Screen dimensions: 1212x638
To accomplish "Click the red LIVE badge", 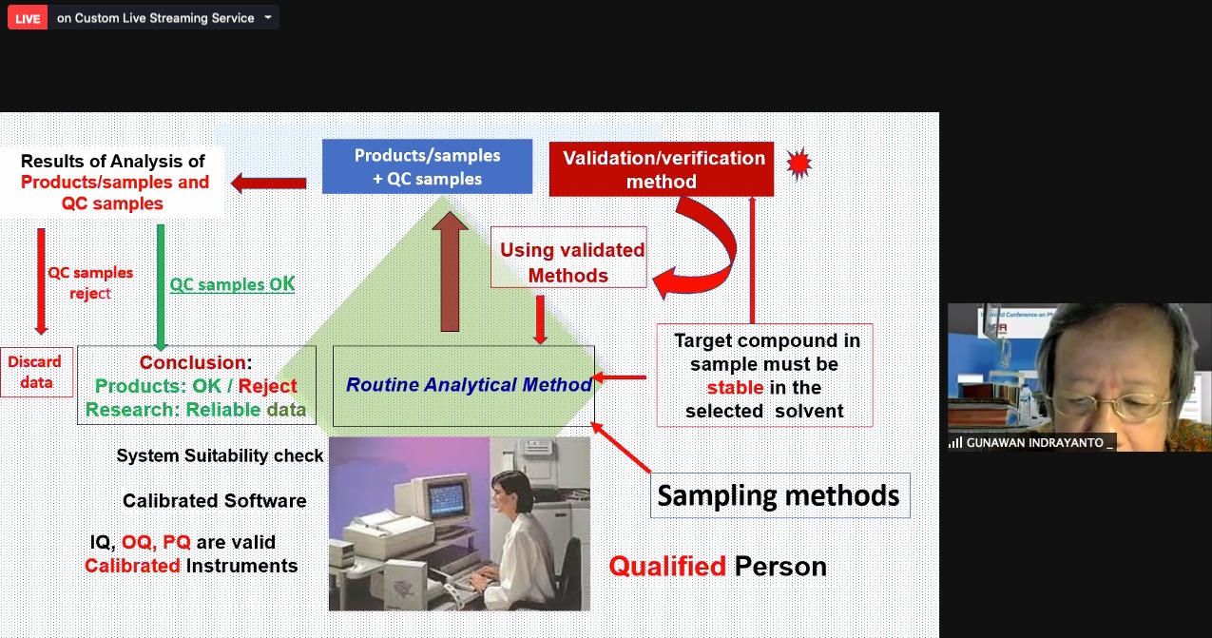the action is [x=28, y=18].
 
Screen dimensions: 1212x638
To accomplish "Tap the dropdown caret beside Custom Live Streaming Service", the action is [x=268, y=17].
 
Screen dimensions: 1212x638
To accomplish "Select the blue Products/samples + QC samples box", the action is [x=427, y=166].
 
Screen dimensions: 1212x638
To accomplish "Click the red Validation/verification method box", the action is [x=662, y=169].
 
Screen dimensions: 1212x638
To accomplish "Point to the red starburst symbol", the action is [x=799, y=163].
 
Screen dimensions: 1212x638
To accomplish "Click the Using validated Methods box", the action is [x=568, y=257].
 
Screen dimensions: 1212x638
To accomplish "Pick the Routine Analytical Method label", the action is [x=469, y=385].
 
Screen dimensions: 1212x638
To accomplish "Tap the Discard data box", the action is [x=36, y=373].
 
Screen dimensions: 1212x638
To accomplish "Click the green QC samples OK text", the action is [x=232, y=284].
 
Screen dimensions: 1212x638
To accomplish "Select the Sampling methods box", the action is [x=779, y=495].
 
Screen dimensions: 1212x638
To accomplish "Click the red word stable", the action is [x=735, y=387].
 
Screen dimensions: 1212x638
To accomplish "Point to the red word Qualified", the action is [x=667, y=567].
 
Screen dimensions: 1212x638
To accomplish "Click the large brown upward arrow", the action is [x=450, y=272].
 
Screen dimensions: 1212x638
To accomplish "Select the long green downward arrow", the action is [x=161, y=287].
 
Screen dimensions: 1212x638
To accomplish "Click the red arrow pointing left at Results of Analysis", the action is [x=269, y=184].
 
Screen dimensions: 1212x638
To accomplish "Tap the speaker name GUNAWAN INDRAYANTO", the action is [x=1034, y=443].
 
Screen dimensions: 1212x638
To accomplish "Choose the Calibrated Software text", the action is [x=214, y=500].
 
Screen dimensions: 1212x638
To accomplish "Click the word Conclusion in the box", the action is [x=193, y=362].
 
